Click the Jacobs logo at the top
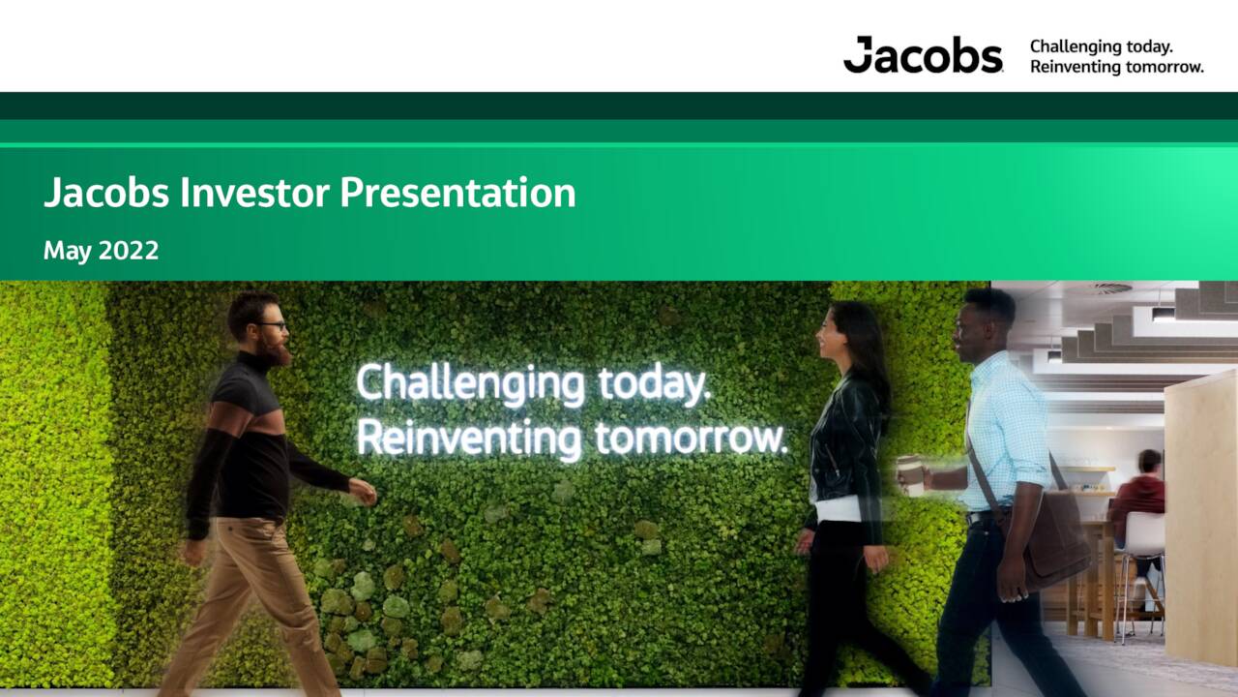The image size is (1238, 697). point(923,55)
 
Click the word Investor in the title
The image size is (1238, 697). point(256,193)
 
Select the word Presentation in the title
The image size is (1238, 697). point(457,193)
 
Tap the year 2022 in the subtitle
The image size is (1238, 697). point(129,251)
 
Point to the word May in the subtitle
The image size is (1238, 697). point(67,252)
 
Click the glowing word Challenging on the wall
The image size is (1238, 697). point(471,384)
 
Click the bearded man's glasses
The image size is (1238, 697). point(272,326)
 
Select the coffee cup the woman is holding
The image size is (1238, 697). point(910,475)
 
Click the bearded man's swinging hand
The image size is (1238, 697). point(362,491)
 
